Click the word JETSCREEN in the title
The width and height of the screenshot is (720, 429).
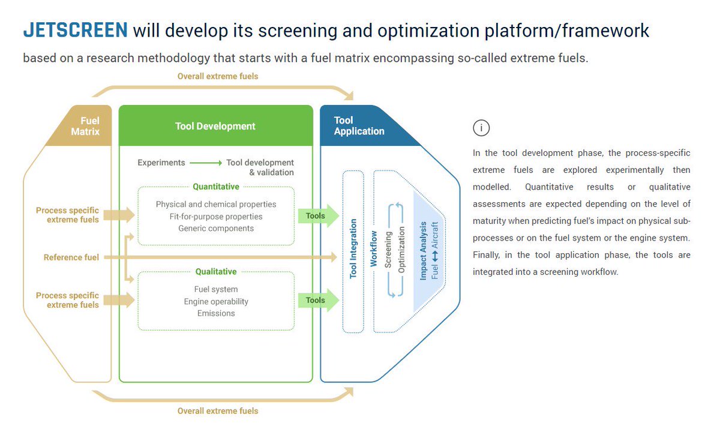75,30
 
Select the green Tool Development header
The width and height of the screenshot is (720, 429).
215,126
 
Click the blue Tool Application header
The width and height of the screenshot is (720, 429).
359,125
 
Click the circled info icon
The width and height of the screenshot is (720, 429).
481,128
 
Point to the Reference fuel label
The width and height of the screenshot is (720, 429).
71,257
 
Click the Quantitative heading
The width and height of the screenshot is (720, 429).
216,187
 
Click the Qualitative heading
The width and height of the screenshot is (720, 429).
216,272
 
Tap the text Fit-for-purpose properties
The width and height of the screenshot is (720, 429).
216,217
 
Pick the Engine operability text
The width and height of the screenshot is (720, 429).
216,301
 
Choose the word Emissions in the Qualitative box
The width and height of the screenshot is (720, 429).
216,313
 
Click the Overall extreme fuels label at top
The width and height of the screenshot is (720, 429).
218,76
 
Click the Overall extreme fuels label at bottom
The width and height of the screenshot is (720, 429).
218,411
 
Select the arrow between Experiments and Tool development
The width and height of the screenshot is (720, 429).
206,163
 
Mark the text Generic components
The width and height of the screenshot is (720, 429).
216,229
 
